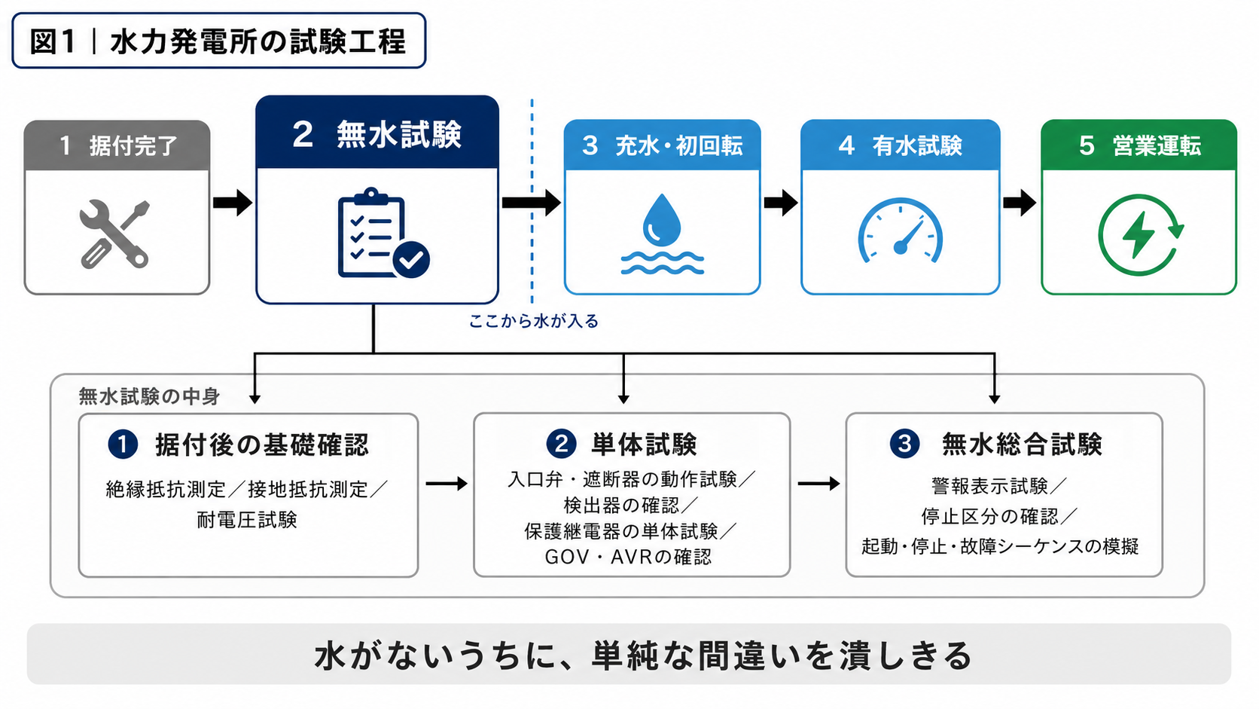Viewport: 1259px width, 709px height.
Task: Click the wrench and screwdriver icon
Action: (114, 234)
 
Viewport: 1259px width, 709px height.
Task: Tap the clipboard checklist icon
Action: (383, 233)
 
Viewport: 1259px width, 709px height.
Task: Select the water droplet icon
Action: (662, 234)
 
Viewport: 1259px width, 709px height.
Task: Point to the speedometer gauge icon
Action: (901, 231)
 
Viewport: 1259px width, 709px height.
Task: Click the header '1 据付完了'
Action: (118, 145)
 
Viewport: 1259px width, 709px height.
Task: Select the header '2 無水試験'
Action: (376, 134)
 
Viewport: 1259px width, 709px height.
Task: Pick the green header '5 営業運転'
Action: (1140, 145)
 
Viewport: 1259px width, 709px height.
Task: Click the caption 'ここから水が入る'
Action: (534, 321)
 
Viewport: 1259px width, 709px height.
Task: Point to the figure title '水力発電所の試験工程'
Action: (258, 41)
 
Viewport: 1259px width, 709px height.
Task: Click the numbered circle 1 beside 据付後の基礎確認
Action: (123, 445)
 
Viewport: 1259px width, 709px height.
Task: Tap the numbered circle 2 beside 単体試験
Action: (561, 444)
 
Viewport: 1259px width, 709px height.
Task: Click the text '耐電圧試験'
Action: (247, 520)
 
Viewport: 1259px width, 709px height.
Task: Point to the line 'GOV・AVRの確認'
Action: (629, 557)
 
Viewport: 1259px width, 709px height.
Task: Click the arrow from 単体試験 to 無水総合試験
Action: (819, 484)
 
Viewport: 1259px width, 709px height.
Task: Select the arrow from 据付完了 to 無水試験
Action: (233, 203)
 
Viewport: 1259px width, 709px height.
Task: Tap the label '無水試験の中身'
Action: (149, 397)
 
